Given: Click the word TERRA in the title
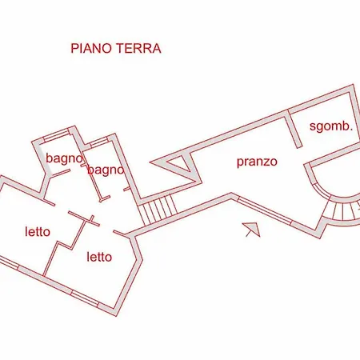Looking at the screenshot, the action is pos(138,49).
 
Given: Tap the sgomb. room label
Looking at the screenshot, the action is pos(331,126).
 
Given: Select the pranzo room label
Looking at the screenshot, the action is pos(257,162).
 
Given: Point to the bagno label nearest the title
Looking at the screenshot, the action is pos(65,158).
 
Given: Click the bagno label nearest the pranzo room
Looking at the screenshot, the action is pos(106,170).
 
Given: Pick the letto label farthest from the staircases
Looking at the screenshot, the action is pos(38,231).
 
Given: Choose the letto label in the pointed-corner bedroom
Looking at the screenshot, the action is pos(99,257).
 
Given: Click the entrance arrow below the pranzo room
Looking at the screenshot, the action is pos(251,230).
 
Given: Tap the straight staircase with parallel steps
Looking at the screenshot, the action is pos(158,210).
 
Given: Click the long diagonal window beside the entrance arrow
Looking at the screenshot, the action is pos(264,210).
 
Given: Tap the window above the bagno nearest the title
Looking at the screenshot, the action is pos(56,135).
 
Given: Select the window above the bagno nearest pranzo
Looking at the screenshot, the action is pos(99,142).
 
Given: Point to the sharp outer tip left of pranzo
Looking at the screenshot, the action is pos(150,162).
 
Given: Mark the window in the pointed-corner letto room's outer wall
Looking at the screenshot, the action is pos(85,298).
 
